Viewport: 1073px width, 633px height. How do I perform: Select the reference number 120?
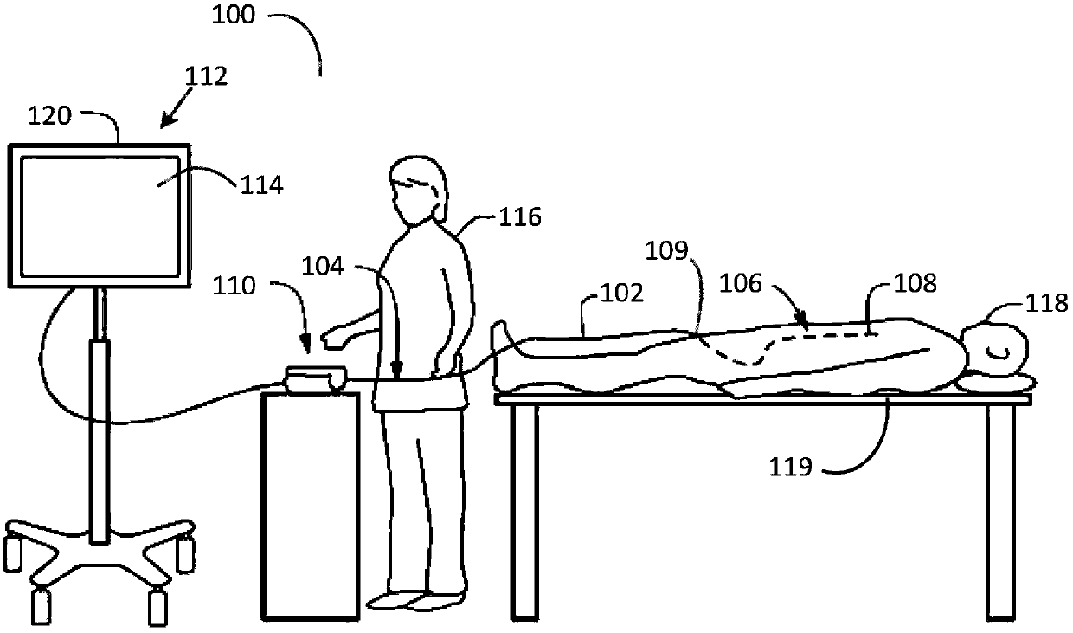pos(50,115)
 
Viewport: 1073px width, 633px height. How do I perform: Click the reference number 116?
pos(519,216)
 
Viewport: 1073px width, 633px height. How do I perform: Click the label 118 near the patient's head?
pos(1047,303)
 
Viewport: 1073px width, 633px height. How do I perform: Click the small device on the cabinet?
pos(315,378)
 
